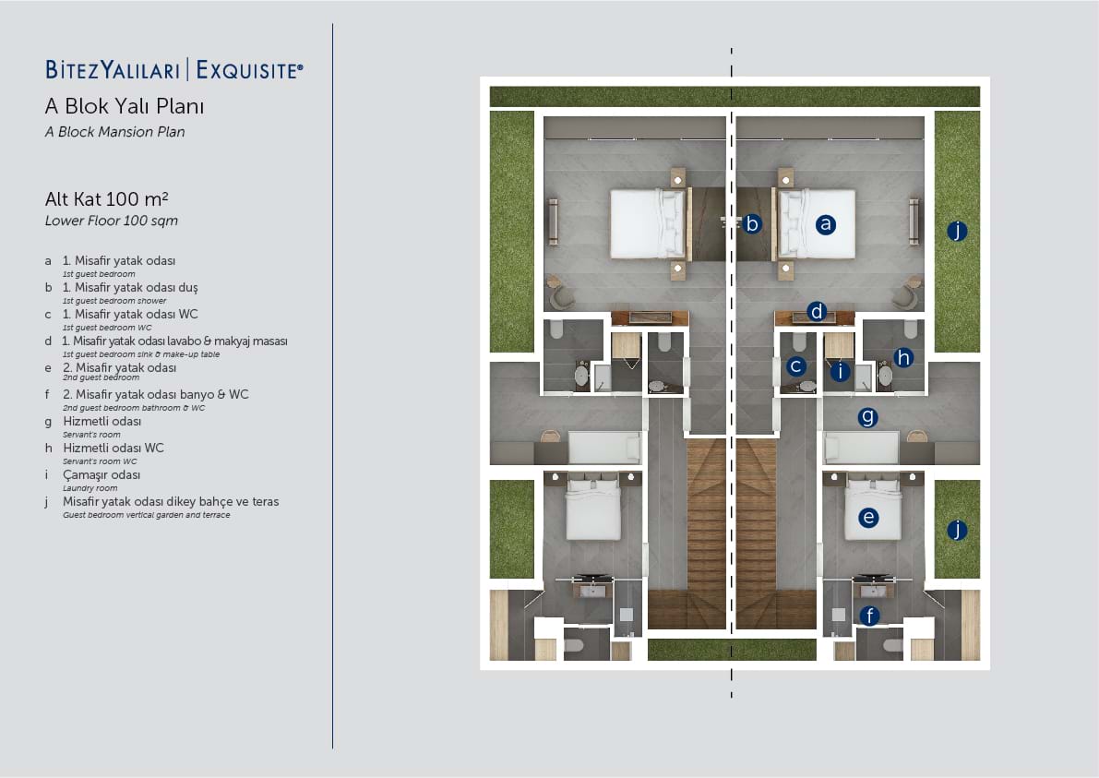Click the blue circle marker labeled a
coord(826,224)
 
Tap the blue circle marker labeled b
coord(752,223)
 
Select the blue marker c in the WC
coord(795,365)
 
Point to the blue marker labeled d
coord(817,311)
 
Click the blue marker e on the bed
coord(868,518)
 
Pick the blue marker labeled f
coord(870,616)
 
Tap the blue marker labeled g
coord(867,418)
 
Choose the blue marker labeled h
coord(903,358)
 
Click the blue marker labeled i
coord(840,371)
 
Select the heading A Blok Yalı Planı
coord(124,106)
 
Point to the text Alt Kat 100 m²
coord(106,199)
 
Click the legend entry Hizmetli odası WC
coord(113,448)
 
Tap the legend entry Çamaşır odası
coord(102,475)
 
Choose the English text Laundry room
coord(90,488)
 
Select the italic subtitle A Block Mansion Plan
coord(115,132)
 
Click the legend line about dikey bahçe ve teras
coord(171,502)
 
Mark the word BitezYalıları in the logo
coord(113,70)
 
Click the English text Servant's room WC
coord(101,461)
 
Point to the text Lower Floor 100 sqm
coord(112,221)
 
